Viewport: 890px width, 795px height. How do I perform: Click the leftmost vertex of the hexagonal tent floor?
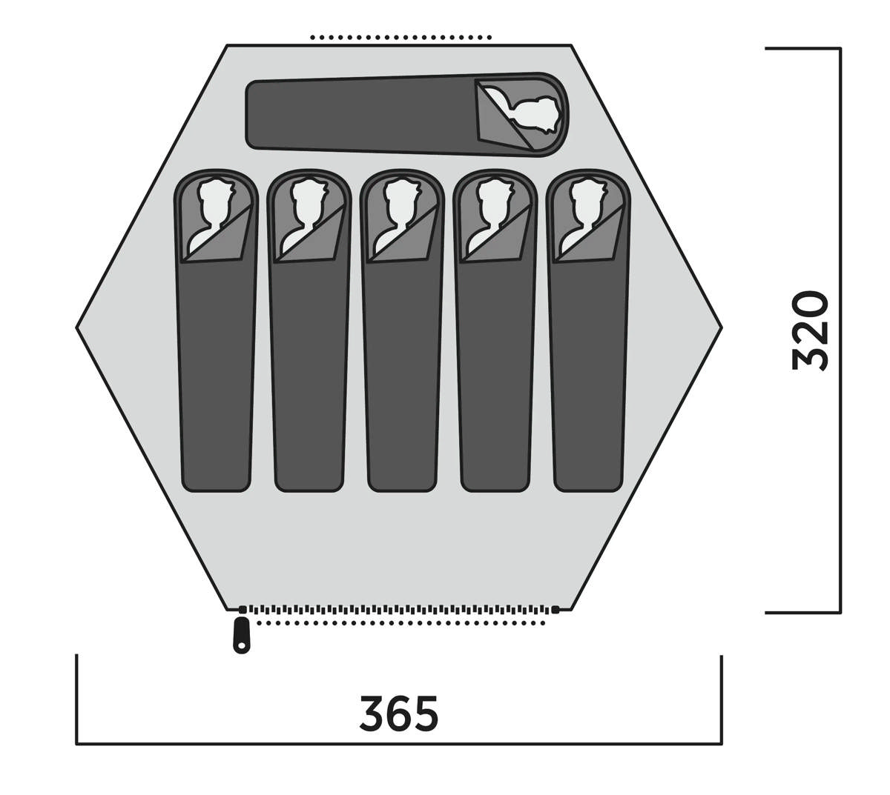(76, 327)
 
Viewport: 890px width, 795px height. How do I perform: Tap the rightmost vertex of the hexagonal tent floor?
(722, 327)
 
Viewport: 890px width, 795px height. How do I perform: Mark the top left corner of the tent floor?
(227, 44)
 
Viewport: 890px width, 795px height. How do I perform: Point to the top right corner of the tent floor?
(571, 44)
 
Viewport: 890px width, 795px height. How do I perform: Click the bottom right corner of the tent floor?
(571, 611)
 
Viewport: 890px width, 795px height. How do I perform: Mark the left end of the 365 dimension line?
(76, 744)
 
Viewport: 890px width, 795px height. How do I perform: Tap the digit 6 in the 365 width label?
(399, 713)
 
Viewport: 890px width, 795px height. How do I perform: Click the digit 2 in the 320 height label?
(810, 330)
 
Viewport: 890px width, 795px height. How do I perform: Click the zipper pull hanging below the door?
(240, 634)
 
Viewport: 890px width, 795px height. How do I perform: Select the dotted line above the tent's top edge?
(400, 38)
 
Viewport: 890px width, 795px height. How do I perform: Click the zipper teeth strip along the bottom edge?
(398, 610)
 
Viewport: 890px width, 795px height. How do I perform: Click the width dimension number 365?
(399, 713)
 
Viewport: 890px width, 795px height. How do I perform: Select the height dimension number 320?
(810, 330)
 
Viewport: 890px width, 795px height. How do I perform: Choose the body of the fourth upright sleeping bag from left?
(495, 373)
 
